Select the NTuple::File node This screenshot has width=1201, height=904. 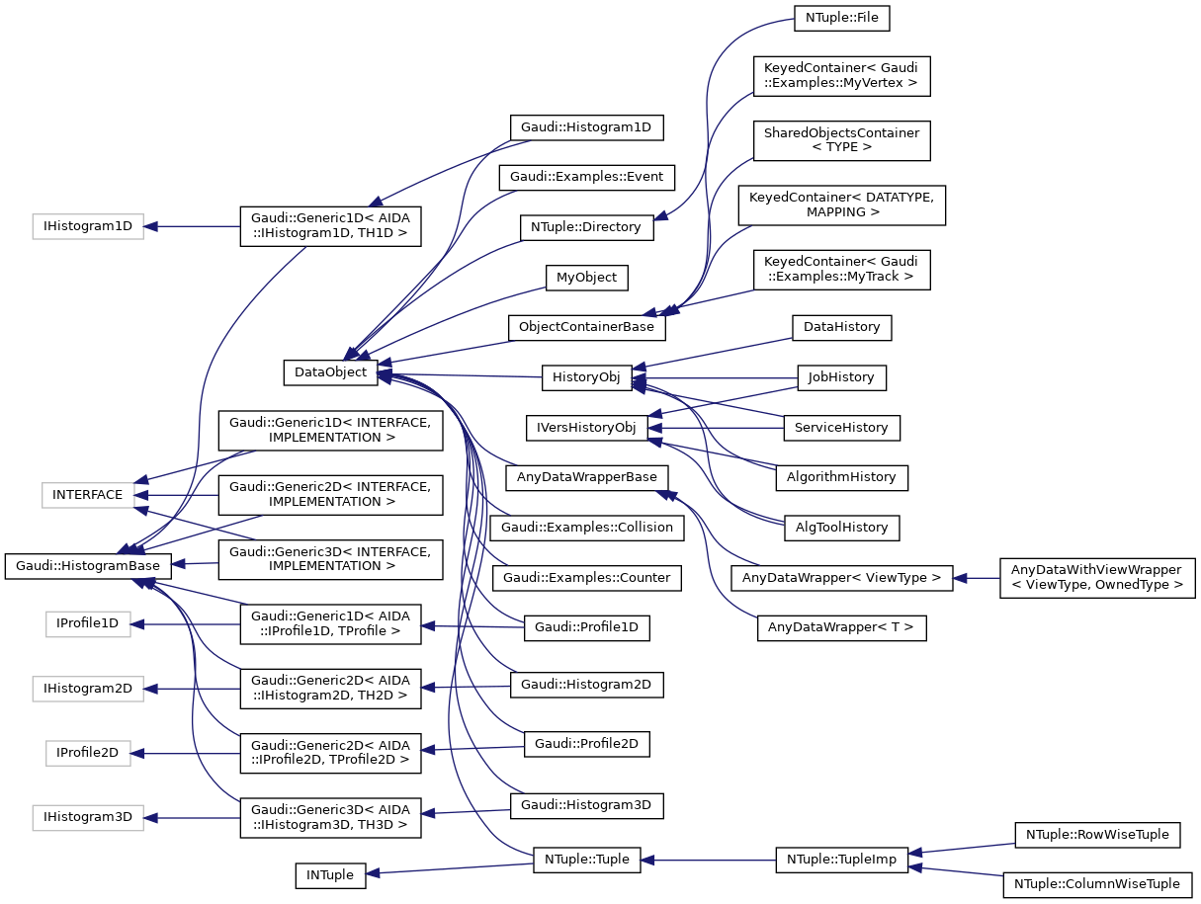point(841,17)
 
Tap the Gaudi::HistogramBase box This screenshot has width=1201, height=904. point(88,566)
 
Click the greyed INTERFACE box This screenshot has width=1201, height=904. point(87,494)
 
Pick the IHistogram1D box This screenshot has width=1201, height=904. point(87,226)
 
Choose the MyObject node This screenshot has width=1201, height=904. point(586,278)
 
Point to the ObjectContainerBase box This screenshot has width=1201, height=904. point(586,328)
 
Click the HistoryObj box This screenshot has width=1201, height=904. point(586,377)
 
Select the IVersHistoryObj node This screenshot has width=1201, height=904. point(586,428)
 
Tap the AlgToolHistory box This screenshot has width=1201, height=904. point(841,528)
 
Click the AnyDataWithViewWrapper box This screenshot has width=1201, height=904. point(1096,577)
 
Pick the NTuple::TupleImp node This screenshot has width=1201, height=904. point(841,860)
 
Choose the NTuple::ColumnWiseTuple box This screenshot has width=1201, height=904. point(1096,884)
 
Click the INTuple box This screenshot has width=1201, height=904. point(330,874)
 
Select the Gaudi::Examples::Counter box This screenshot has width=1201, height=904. point(586,577)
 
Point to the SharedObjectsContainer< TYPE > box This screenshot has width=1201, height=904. point(841,139)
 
